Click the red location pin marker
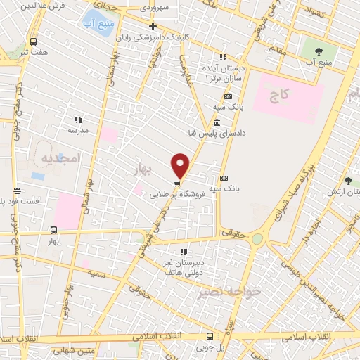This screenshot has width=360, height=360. click(x=180, y=166)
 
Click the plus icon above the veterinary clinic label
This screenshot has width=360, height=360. click(x=153, y=27)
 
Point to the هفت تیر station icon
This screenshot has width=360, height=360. click(x=33, y=41)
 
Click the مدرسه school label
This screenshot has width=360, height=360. click(x=77, y=130)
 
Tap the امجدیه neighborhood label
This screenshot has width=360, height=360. click(x=60, y=156)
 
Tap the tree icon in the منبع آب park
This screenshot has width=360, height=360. click(x=319, y=51)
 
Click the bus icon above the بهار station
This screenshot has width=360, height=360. click(x=53, y=229)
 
